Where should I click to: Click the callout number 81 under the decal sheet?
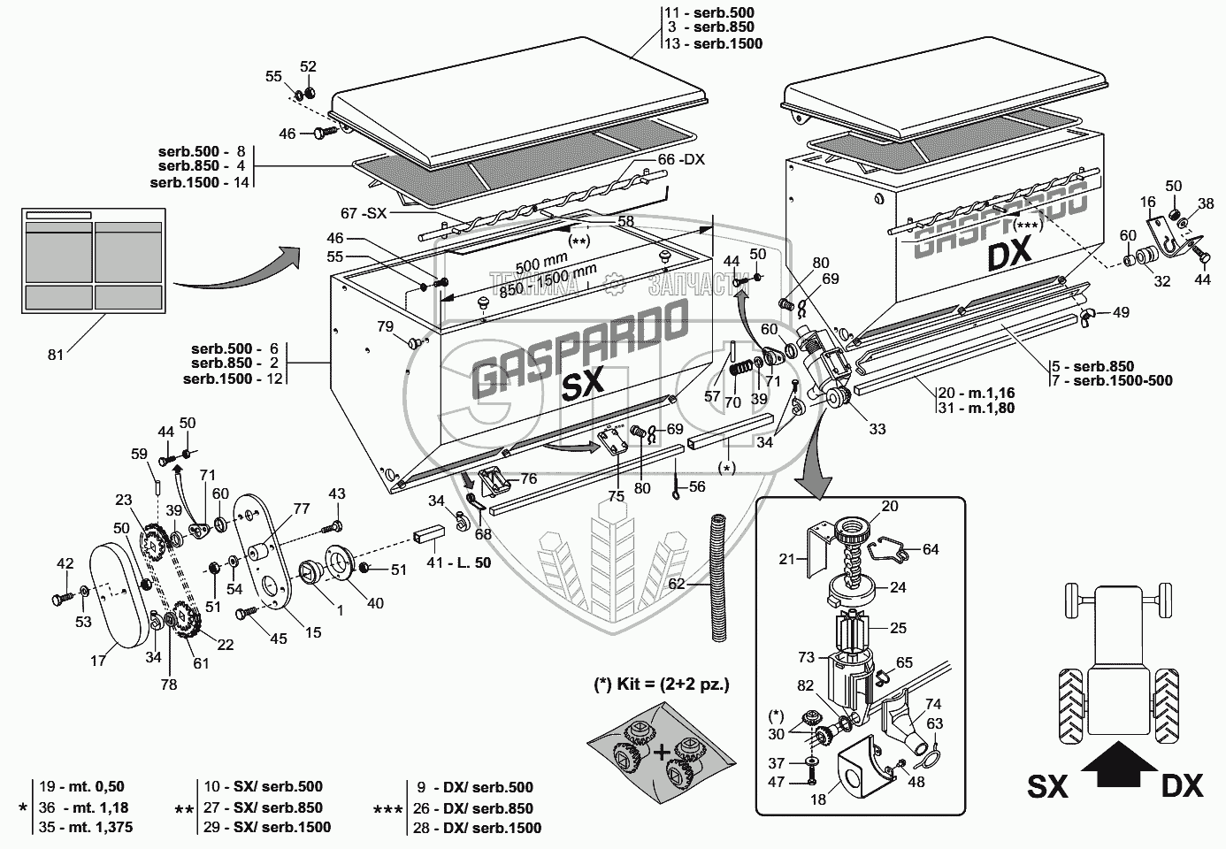56,355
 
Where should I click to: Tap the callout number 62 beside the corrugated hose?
677,584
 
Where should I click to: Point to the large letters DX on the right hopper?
1010,254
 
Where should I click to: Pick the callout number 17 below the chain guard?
98,661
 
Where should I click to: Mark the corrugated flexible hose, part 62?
720,577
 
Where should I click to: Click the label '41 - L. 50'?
459,562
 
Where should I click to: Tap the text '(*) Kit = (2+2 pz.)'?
661,685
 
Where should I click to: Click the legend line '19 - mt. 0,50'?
81,786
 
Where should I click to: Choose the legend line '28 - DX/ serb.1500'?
478,828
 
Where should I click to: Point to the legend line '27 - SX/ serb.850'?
264,807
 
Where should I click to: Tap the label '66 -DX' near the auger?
681,160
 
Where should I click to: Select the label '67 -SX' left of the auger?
364,213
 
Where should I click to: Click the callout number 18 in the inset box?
817,799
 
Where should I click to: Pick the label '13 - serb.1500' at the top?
713,43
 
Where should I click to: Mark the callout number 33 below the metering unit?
877,430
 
